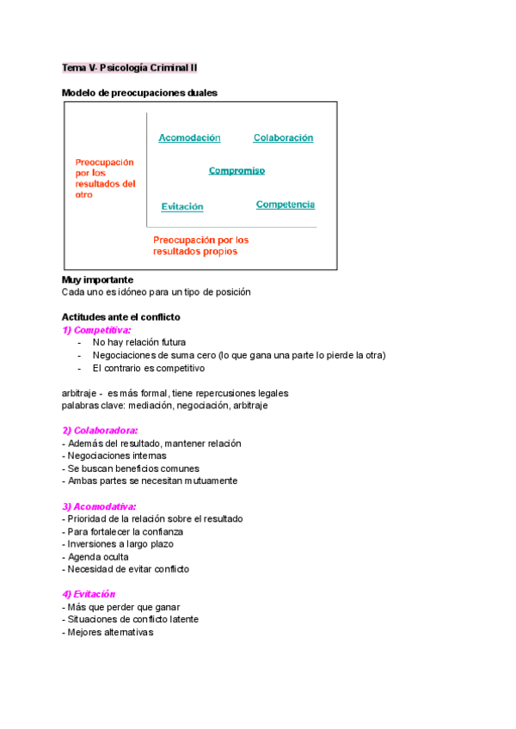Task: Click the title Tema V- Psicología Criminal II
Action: click(130, 67)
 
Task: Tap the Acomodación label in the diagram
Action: click(189, 138)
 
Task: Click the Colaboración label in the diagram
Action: click(283, 138)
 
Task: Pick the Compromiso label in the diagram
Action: click(236, 170)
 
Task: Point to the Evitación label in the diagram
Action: click(182, 206)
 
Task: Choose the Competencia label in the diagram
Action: click(286, 205)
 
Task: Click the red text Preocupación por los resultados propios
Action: click(200, 246)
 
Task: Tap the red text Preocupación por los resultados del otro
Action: click(105, 178)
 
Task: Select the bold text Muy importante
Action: click(97, 279)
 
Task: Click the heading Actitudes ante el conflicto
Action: click(121, 317)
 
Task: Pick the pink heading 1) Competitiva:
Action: click(96, 329)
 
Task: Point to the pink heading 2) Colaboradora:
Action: click(100, 430)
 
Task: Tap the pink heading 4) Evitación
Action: click(89, 594)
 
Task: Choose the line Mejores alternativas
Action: click(107, 632)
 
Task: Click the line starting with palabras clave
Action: click(165, 406)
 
